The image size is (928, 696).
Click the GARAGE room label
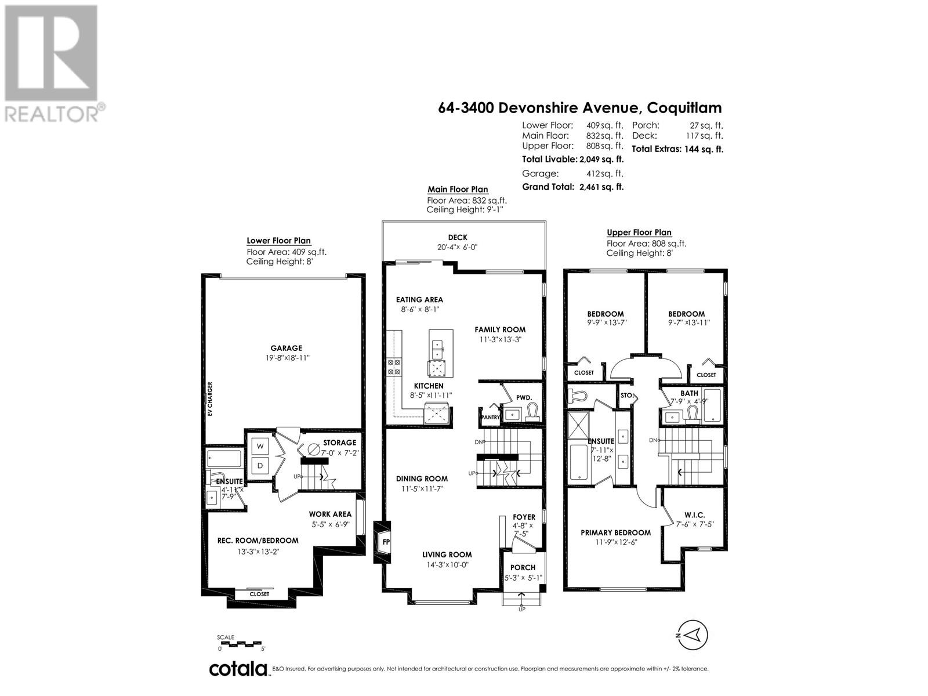[286, 348]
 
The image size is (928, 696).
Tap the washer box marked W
[260, 446]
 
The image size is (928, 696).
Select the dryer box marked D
[260, 465]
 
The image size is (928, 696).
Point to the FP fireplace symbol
[386, 542]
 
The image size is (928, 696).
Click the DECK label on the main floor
[458, 237]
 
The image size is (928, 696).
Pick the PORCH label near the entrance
[523, 567]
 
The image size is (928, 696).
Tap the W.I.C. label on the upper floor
[694, 514]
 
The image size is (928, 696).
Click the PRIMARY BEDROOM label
[615, 532]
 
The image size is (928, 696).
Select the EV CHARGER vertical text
[210, 398]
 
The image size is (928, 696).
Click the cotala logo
[238, 669]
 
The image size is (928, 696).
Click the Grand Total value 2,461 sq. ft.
[601, 187]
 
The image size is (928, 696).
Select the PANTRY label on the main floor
[490, 416]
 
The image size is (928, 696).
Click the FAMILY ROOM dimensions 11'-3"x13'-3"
[500, 340]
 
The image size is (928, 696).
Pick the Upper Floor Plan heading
[639, 233]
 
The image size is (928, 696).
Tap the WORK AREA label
[330, 514]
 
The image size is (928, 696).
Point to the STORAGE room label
[339, 443]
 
